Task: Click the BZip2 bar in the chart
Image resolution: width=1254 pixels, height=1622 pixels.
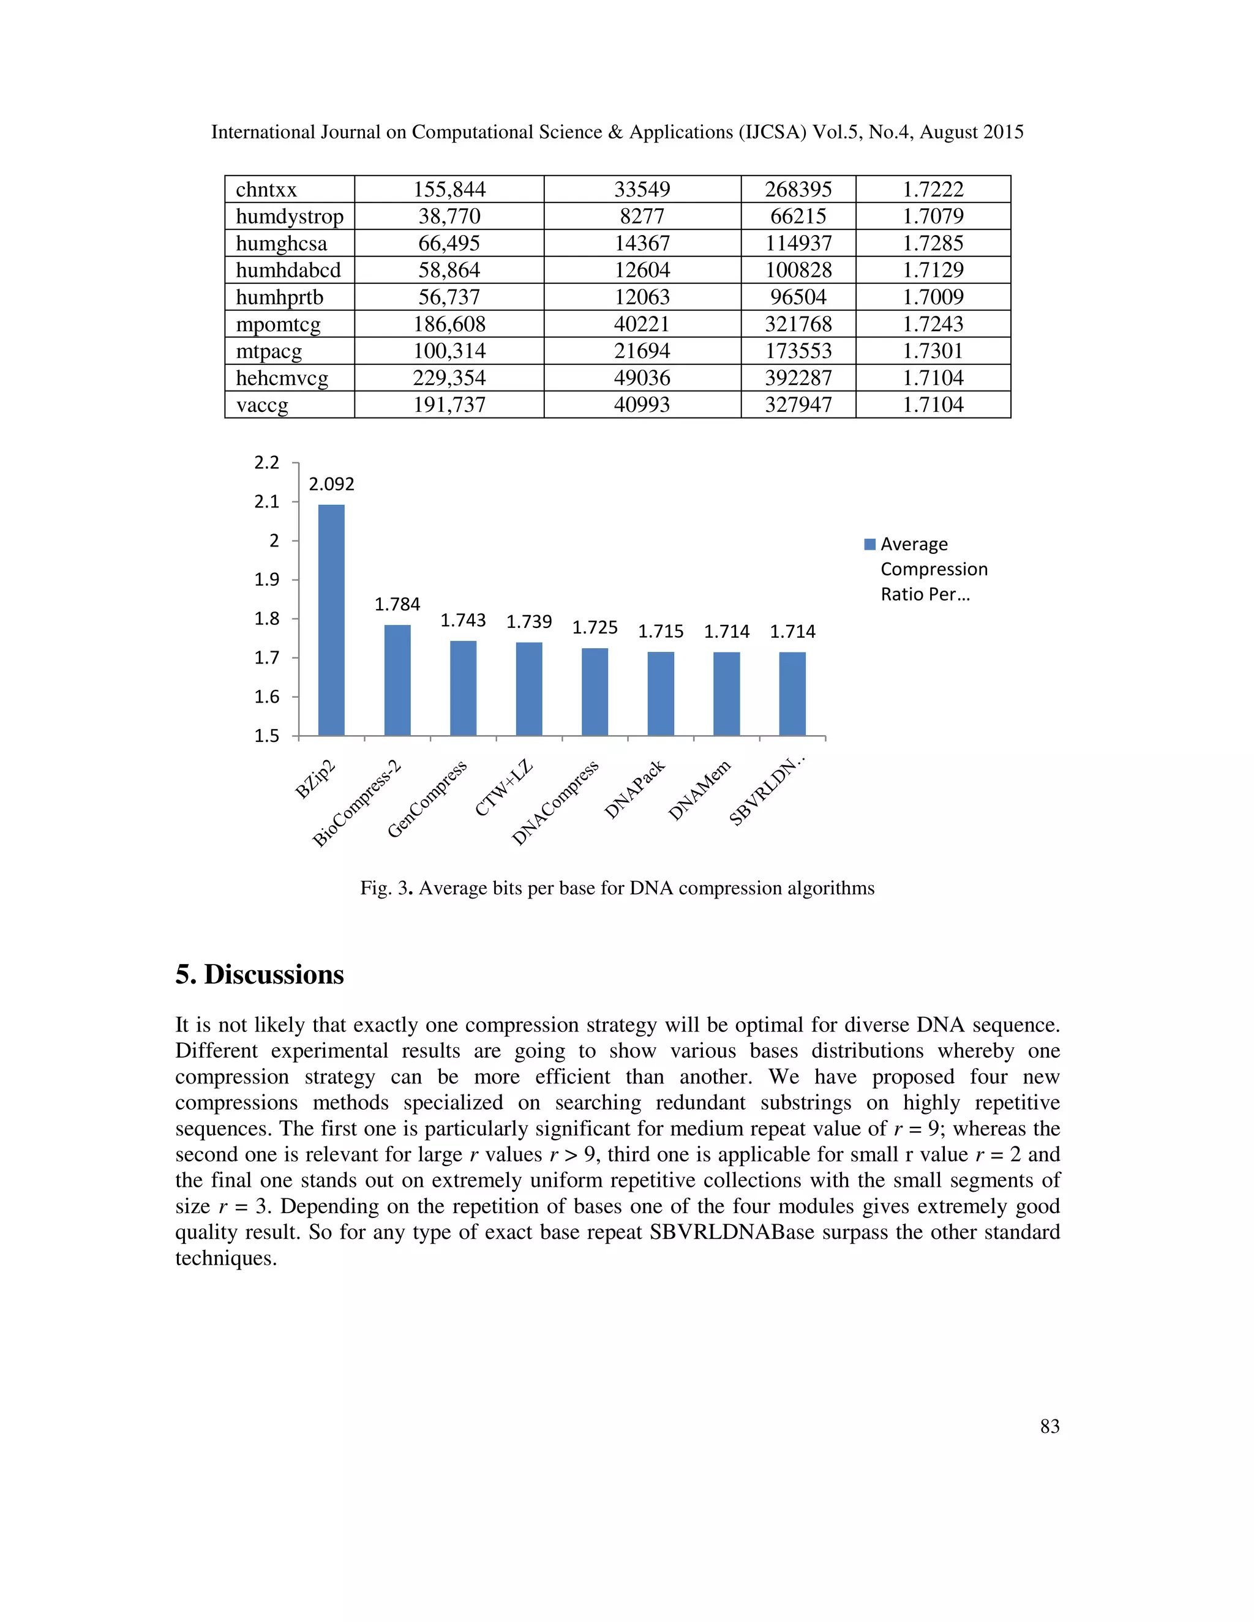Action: click(x=331, y=620)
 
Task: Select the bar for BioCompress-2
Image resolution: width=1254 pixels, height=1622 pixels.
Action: click(x=397, y=679)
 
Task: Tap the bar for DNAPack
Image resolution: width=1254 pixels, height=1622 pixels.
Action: click(x=661, y=693)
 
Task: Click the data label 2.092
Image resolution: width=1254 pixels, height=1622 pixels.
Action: click(x=331, y=484)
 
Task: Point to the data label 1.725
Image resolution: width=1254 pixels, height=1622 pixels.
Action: click(x=595, y=627)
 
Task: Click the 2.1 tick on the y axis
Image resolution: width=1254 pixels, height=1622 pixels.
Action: click(x=267, y=502)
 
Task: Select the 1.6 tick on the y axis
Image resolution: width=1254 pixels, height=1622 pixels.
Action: click(x=267, y=697)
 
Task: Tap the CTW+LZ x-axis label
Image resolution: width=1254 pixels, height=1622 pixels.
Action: click(x=505, y=788)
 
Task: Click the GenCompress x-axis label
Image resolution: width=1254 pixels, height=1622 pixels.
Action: click(x=427, y=799)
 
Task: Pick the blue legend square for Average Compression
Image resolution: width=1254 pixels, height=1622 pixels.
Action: click(x=870, y=544)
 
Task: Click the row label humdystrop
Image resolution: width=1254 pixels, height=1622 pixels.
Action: click(x=290, y=216)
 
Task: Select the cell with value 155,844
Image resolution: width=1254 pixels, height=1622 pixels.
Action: click(x=449, y=189)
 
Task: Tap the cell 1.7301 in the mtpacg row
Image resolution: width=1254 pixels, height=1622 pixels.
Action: click(x=933, y=351)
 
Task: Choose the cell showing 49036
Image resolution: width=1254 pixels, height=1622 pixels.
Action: click(x=642, y=378)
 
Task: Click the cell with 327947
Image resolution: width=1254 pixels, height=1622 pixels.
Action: click(x=798, y=405)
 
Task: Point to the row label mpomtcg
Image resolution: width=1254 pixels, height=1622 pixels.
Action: click(x=279, y=324)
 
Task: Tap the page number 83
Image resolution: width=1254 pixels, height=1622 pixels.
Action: click(x=1049, y=1426)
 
